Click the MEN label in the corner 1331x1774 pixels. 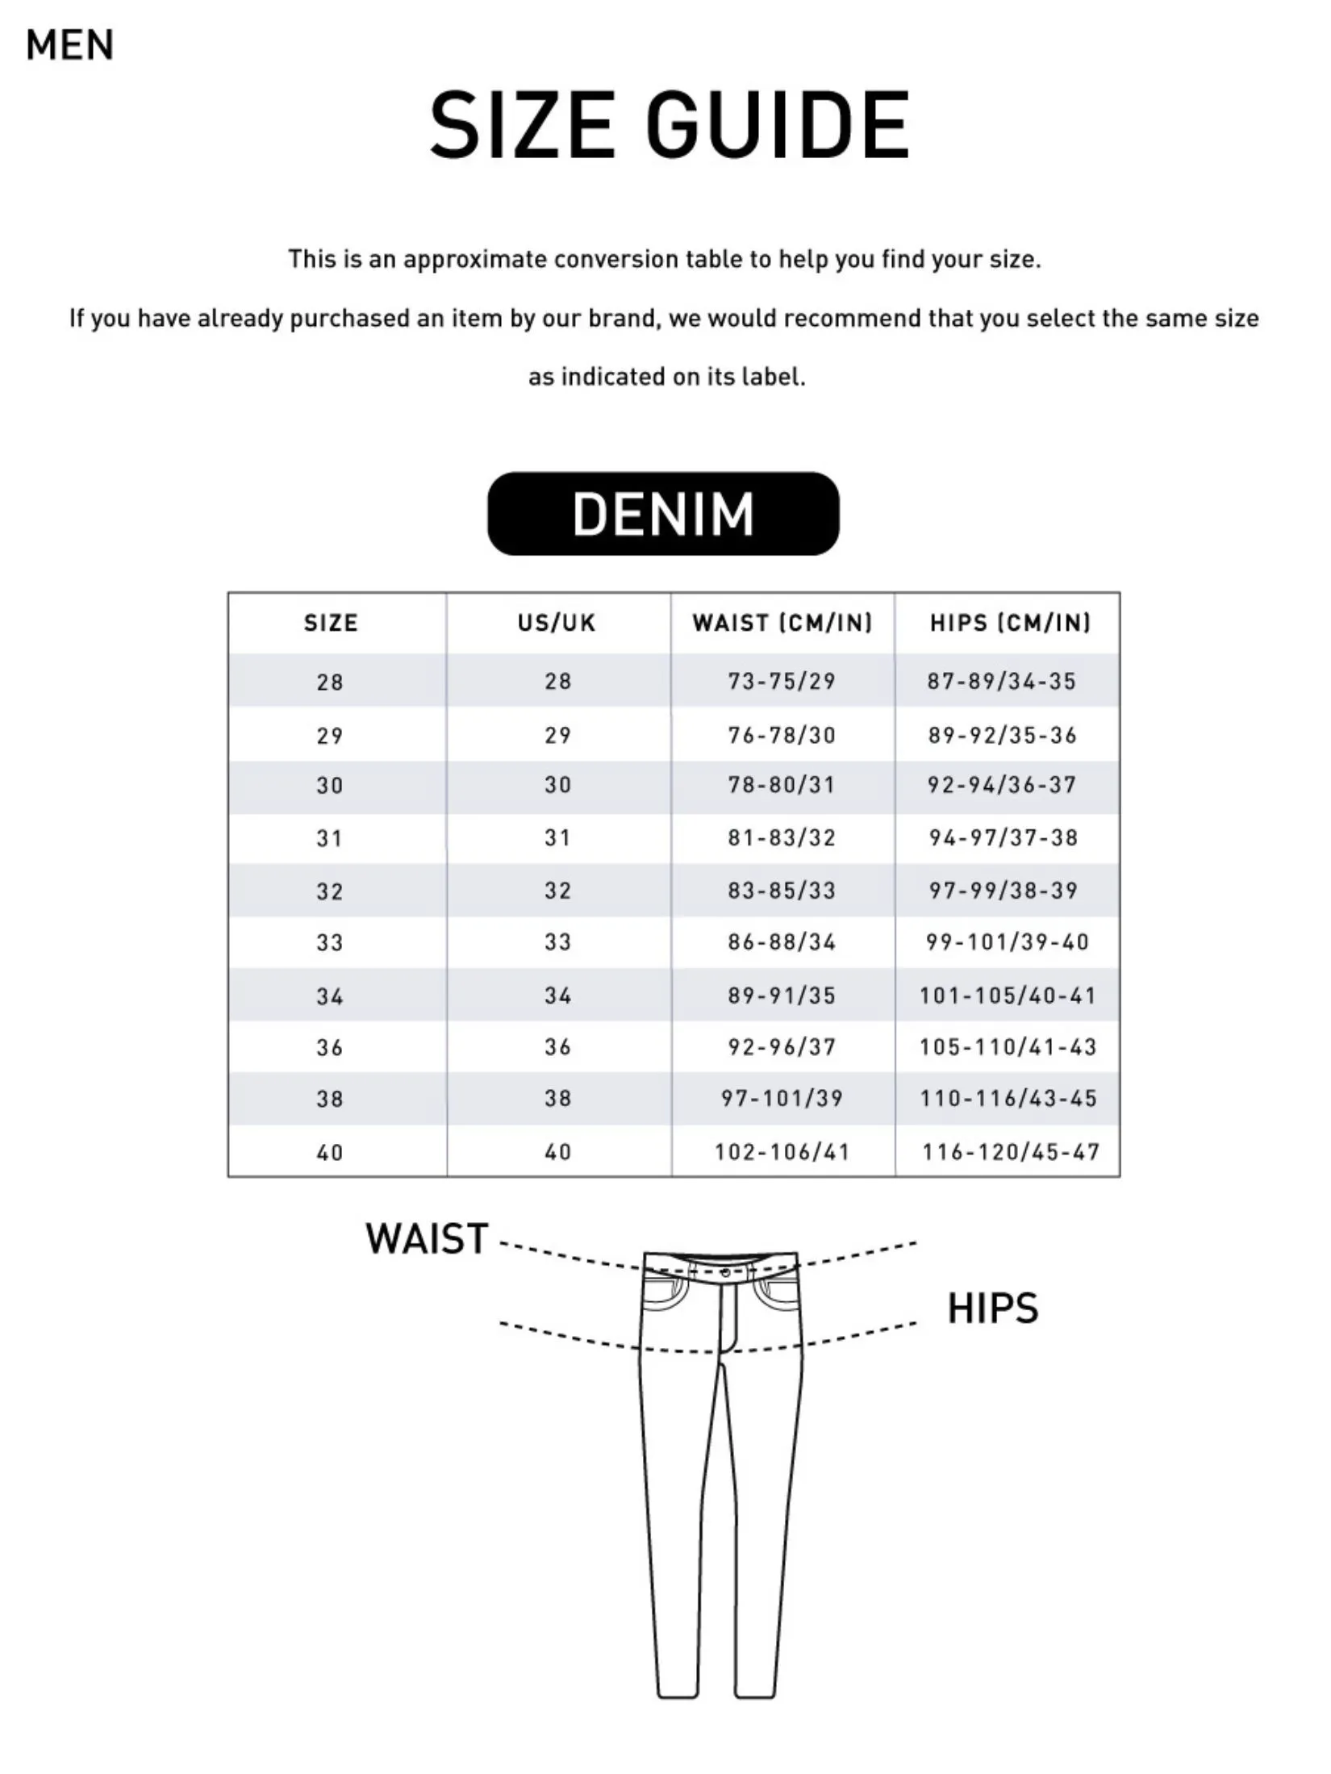(69, 45)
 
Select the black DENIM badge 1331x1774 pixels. (663, 514)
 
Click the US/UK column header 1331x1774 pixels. (557, 623)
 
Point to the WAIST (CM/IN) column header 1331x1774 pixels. (782, 623)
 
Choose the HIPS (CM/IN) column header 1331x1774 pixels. (1010, 623)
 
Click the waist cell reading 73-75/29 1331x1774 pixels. (782, 682)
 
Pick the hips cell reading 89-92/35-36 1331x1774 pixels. (1003, 735)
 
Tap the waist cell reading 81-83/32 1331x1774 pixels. (782, 838)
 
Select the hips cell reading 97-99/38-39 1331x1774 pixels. (1003, 891)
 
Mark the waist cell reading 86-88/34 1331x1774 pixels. (782, 942)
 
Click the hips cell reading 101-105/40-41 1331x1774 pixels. (1008, 996)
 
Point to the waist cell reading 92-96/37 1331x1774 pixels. (782, 1047)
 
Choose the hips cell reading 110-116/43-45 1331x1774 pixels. (1008, 1099)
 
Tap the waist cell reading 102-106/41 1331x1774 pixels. (782, 1152)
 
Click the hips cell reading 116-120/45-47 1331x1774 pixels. (1011, 1152)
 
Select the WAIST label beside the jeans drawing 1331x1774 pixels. (427, 1239)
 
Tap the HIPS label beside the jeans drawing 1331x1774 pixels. (992, 1309)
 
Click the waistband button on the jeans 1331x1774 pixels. (725, 1272)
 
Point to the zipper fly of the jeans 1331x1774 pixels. (728, 1315)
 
